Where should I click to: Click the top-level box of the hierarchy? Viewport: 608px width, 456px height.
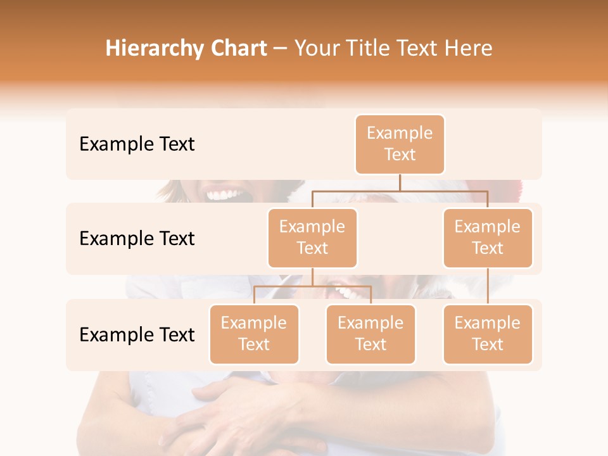pos(400,144)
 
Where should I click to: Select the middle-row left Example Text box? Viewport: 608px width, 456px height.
pos(312,237)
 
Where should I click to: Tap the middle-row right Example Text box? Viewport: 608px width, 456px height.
pos(488,237)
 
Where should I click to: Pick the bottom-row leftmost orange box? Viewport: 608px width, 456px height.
pos(254,334)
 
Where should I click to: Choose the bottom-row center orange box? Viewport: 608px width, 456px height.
pos(370,334)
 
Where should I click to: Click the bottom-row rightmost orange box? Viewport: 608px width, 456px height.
pos(488,334)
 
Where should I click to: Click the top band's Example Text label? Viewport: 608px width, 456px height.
pos(137,144)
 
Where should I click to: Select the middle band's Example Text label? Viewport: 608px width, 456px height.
pos(137,239)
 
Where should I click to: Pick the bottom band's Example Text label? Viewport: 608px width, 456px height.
pos(137,334)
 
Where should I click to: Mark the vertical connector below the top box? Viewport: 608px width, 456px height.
pos(400,182)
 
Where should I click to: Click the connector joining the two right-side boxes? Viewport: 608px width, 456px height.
pos(488,286)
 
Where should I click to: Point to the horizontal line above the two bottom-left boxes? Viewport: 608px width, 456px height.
pos(312,286)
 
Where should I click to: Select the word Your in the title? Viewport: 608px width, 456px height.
pos(315,48)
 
